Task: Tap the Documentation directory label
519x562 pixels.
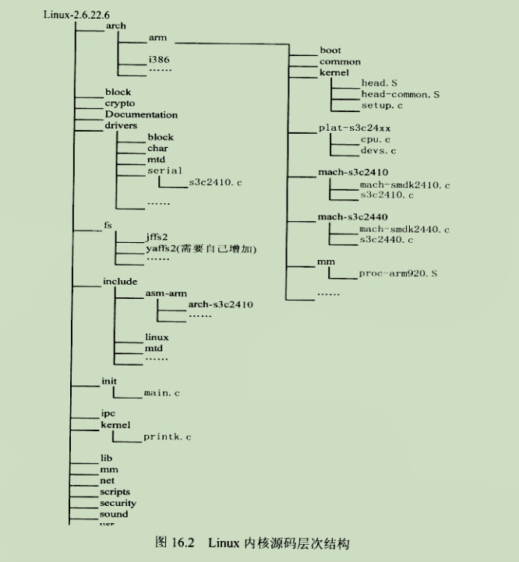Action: click(x=141, y=114)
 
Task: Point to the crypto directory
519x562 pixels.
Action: click(x=119, y=103)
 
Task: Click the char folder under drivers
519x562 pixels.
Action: click(x=157, y=148)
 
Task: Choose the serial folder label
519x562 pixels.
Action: click(x=164, y=170)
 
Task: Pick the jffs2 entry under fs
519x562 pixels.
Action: click(x=157, y=237)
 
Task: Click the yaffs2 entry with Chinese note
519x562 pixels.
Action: click(x=200, y=248)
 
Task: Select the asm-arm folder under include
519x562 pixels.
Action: click(x=164, y=293)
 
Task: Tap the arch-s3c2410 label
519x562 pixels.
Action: click(x=221, y=304)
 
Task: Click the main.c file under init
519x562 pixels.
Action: click(x=162, y=394)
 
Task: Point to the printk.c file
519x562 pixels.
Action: click(x=167, y=437)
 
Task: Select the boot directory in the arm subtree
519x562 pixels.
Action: click(x=330, y=51)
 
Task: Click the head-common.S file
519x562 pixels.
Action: click(x=400, y=94)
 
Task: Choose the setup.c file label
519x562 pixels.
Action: click(x=381, y=105)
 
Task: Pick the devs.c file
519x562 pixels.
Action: click(x=378, y=150)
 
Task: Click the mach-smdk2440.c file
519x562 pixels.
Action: click(x=404, y=230)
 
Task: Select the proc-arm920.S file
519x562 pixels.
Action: click(x=398, y=274)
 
